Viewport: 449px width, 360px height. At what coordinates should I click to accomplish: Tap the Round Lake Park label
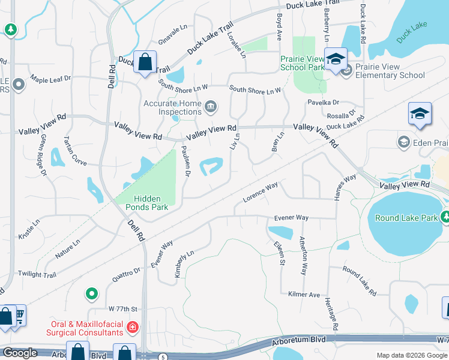tap(406, 218)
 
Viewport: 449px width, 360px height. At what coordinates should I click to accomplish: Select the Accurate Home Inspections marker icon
tap(211, 107)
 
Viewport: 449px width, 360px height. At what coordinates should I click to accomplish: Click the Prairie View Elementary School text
tap(390, 71)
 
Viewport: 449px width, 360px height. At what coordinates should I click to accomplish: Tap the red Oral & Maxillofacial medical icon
tap(133, 328)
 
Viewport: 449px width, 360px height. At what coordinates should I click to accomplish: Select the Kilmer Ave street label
tap(304, 295)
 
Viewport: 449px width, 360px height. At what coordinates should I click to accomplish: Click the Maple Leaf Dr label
tap(50, 79)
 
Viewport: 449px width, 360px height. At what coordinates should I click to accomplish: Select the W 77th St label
tap(123, 309)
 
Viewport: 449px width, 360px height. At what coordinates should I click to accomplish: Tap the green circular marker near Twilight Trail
tap(91, 293)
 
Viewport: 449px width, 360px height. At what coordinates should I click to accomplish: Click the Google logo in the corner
tap(20, 353)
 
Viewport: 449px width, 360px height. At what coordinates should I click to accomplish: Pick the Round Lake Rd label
tap(360, 281)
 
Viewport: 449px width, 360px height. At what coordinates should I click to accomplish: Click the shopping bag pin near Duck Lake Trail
tap(145, 62)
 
